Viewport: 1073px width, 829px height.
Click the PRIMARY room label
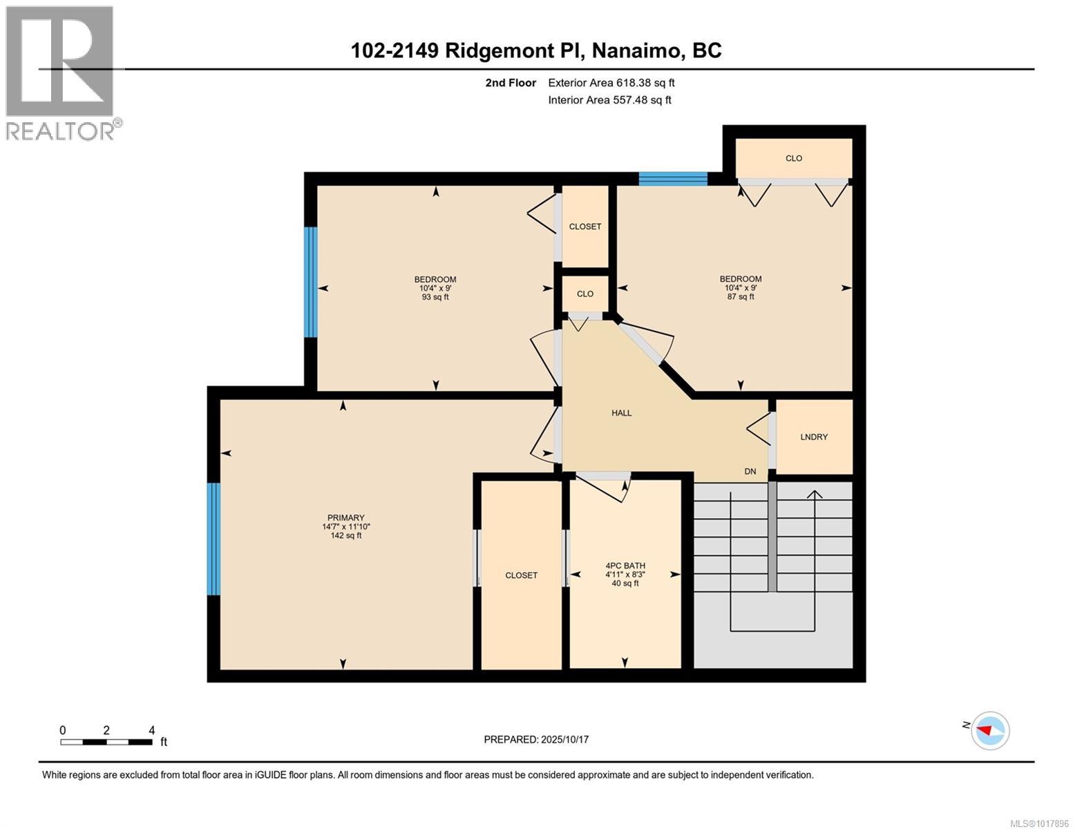click(345, 517)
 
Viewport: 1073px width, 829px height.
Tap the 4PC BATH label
click(625, 565)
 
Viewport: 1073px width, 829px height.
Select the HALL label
click(621, 413)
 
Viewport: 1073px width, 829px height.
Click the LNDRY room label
click(813, 437)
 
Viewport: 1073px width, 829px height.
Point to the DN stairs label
click(750, 472)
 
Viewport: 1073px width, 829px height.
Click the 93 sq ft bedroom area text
click(435, 297)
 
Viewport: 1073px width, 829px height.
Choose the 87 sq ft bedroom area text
click(740, 297)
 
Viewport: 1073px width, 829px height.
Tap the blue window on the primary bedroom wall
click(214, 539)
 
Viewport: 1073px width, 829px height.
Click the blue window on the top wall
click(672, 179)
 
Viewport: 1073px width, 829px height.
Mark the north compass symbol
click(989, 730)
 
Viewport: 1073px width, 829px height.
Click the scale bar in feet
click(106, 742)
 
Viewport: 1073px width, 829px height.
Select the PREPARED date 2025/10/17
click(536, 739)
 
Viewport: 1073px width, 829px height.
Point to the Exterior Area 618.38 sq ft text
click(611, 83)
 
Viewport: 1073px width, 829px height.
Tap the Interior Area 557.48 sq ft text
click(609, 100)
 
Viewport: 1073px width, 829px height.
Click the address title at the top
click(536, 50)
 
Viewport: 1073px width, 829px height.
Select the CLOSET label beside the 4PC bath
click(521, 575)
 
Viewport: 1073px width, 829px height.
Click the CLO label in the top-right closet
click(793, 158)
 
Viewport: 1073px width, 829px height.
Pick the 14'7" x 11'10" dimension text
click(345, 526)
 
